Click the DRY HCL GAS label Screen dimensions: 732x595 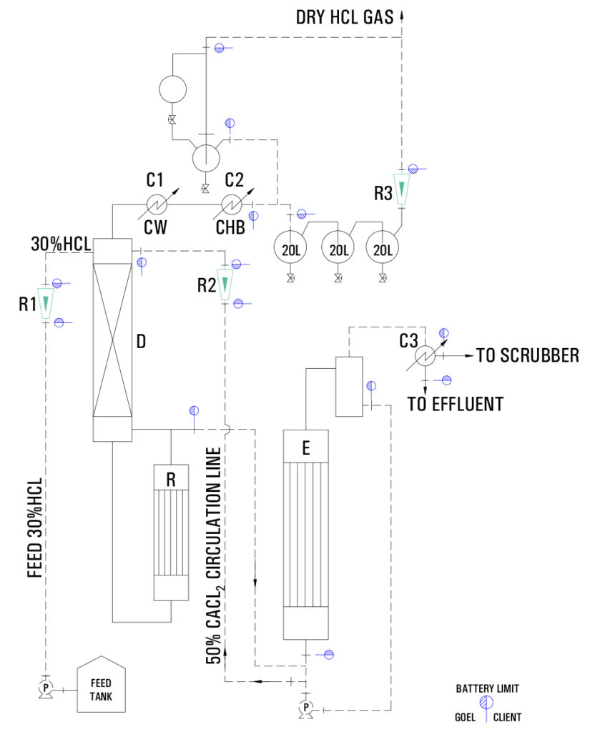pyautogui.click(x=345, y=16)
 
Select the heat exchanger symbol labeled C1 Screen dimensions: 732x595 pyautogui.click(x=157, y=204)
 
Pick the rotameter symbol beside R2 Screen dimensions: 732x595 pyautogui.click(x=225, y=285)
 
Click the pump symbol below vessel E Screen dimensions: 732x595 pyautogui.click(x=305, y=708)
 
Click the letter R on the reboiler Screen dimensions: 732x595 pyautogui.click(x=171, y=480)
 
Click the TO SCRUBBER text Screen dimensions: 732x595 pyautogui.click(x=527, y=355)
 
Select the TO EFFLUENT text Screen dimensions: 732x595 pyautogui.click(x=455, y=404)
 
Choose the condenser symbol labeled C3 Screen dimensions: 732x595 pyautogui.click(x=427, y=355)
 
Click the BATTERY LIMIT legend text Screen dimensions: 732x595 pyautogui.click(x=488, y=689)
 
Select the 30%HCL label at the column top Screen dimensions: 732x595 pyautogui.click(x=62, y=244)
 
